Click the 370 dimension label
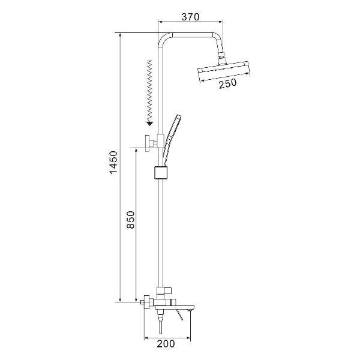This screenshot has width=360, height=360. (190, 17)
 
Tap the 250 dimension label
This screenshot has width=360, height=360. (227, 83)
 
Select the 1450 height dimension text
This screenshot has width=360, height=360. (113, 163)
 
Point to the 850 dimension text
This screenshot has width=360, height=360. (130, 220)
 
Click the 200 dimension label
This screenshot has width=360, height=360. (166, 344)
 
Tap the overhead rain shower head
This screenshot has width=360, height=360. (224, 71)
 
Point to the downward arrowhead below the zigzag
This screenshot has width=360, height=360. (149, 124)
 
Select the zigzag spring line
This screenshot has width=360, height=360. (149, 91)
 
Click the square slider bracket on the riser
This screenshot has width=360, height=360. (161, 172)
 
